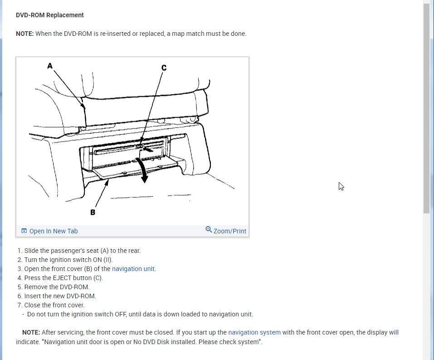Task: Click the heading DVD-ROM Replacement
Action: (50, 15)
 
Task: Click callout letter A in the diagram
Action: (50, 66)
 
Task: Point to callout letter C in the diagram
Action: (164, 68)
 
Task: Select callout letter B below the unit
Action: (93, 212)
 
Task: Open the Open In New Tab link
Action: (54, 231)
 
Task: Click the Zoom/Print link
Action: (229, 231)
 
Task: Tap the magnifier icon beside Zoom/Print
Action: (209, 230)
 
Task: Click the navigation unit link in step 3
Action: (134, 269)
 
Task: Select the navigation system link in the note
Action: (254, 332)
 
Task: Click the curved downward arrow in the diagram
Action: (144, 170)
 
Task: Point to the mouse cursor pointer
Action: (341, 186)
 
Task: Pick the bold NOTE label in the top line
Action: (24, 34)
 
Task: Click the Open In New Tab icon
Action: (24, 231)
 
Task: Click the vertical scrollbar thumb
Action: (427, 109)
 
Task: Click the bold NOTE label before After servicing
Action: (31, 332)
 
